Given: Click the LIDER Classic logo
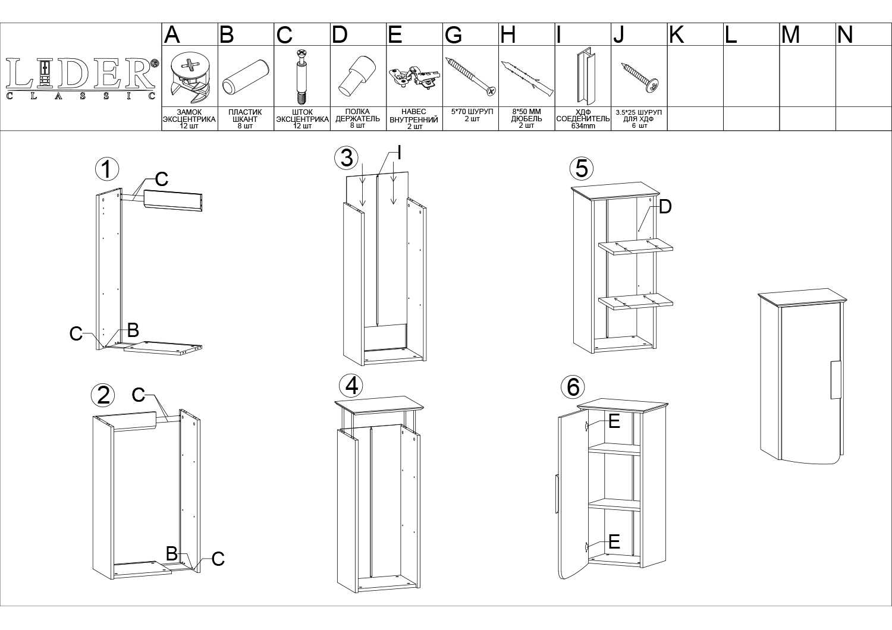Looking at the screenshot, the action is [x=81, y=78].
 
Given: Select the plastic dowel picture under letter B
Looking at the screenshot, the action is [x=246, y=77].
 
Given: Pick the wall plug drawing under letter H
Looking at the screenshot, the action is [x=527, y=78].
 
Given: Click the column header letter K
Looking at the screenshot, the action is [x=677, y=34].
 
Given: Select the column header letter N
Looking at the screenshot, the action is [x=845, y=34].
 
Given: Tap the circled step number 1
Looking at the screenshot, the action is [x=107, y=169].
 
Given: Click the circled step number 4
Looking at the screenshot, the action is [x=351, y=386].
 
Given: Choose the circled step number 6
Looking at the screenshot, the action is [x=573, y=388].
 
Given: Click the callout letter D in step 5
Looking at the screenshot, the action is [x=665, y=207].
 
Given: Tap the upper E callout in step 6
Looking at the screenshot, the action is [x=614, y=421].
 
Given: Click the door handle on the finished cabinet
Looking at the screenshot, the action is [x=835, y=380].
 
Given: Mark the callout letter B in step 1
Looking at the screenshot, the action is [x=133, y=330].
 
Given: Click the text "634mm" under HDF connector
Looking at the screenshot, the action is [x=583, y=126].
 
